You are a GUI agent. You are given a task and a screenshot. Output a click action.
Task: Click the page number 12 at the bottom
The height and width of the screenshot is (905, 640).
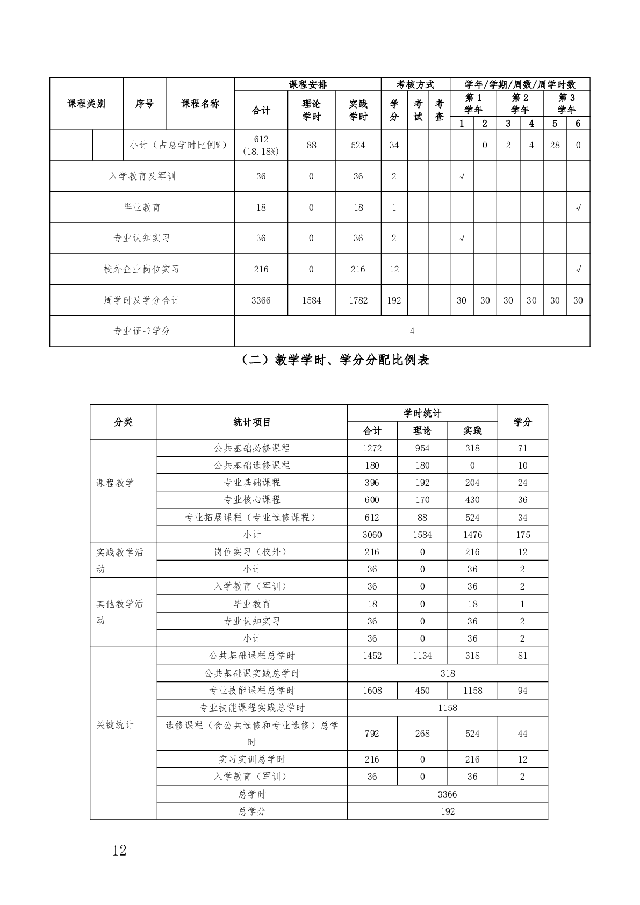(x=119, y=850)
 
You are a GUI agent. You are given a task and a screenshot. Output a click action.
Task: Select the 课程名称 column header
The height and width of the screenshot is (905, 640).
(x=200, y=104)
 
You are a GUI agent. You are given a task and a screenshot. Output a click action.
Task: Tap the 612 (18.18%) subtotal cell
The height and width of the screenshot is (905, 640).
(x=261, y=145)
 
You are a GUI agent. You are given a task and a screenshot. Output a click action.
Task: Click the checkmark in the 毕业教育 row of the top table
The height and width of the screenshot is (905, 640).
(x=578, y=207)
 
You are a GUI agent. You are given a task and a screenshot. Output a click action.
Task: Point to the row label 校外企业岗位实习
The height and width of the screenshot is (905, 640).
(x=142, y=269)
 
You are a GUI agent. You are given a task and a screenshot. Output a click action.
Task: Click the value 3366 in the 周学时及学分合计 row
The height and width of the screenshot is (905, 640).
(x=261, y=300)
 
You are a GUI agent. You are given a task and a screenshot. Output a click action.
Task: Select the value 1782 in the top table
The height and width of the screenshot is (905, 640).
(x=358, y=300)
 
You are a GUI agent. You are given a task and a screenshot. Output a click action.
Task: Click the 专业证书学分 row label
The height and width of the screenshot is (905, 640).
(x=142, y=331)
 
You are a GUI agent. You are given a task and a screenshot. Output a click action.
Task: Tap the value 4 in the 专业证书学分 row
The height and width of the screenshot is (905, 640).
(x=412, y=331)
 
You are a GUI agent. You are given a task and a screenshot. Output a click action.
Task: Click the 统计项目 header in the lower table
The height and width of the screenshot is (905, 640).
(x=252, y=422)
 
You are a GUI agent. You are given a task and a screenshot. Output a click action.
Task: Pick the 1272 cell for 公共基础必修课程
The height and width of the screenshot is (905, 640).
(x=372, y=448)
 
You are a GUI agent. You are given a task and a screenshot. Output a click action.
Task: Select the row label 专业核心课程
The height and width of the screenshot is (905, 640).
(x=252, y=500)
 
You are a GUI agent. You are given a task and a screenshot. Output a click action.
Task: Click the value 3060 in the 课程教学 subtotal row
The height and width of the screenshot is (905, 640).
(x=372, y=535)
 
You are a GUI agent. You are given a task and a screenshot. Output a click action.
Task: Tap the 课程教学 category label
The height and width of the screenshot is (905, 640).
(x=115, y=483)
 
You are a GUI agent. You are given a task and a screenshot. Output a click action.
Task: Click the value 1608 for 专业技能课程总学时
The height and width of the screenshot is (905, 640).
(x=372, y=691)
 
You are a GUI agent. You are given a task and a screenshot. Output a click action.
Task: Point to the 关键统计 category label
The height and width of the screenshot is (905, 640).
(x=115, y=725)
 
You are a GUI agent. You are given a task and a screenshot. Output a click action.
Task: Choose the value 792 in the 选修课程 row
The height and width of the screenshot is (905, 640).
(x=372, y=734)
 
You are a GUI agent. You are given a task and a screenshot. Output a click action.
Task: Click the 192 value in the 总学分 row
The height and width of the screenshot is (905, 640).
(x=447, y=811)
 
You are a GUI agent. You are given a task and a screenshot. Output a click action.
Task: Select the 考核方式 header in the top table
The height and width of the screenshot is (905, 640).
(x=415, y=84)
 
